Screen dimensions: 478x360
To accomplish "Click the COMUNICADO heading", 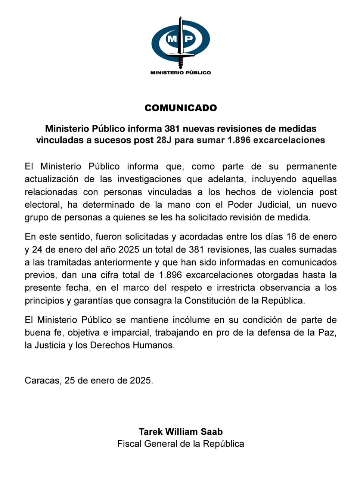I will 181,108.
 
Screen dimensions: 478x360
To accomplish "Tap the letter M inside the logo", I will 172,38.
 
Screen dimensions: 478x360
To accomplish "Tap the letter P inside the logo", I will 189,38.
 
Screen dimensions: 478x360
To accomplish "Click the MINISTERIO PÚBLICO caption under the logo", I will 180,73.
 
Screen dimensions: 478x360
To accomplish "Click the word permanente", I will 311,167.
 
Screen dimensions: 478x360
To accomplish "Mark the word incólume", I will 190,320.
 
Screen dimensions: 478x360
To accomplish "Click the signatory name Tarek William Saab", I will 181,432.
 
